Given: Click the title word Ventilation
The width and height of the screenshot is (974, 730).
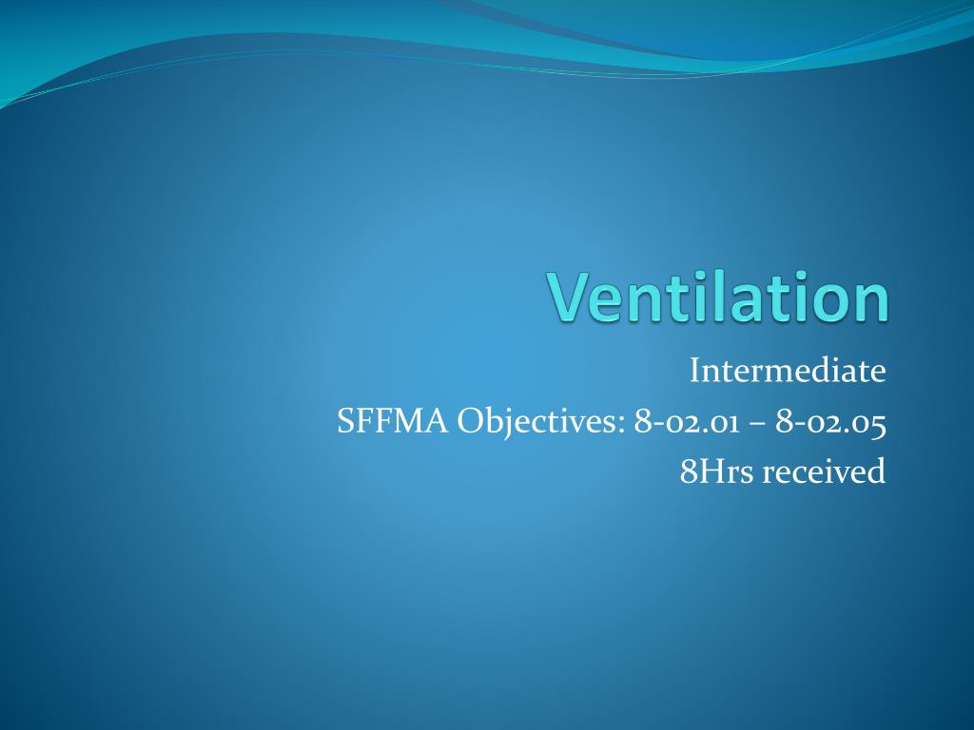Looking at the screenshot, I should click(719, 297).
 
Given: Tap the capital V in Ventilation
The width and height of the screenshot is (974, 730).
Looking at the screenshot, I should click(567, 297).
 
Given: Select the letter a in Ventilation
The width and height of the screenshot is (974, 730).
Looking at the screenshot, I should click(748, 302).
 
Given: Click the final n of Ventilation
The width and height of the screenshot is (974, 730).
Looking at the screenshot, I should click(870, 302).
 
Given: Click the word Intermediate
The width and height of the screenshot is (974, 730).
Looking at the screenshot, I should click(788, 371).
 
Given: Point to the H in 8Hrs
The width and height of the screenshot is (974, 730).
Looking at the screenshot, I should click(709, 471).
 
